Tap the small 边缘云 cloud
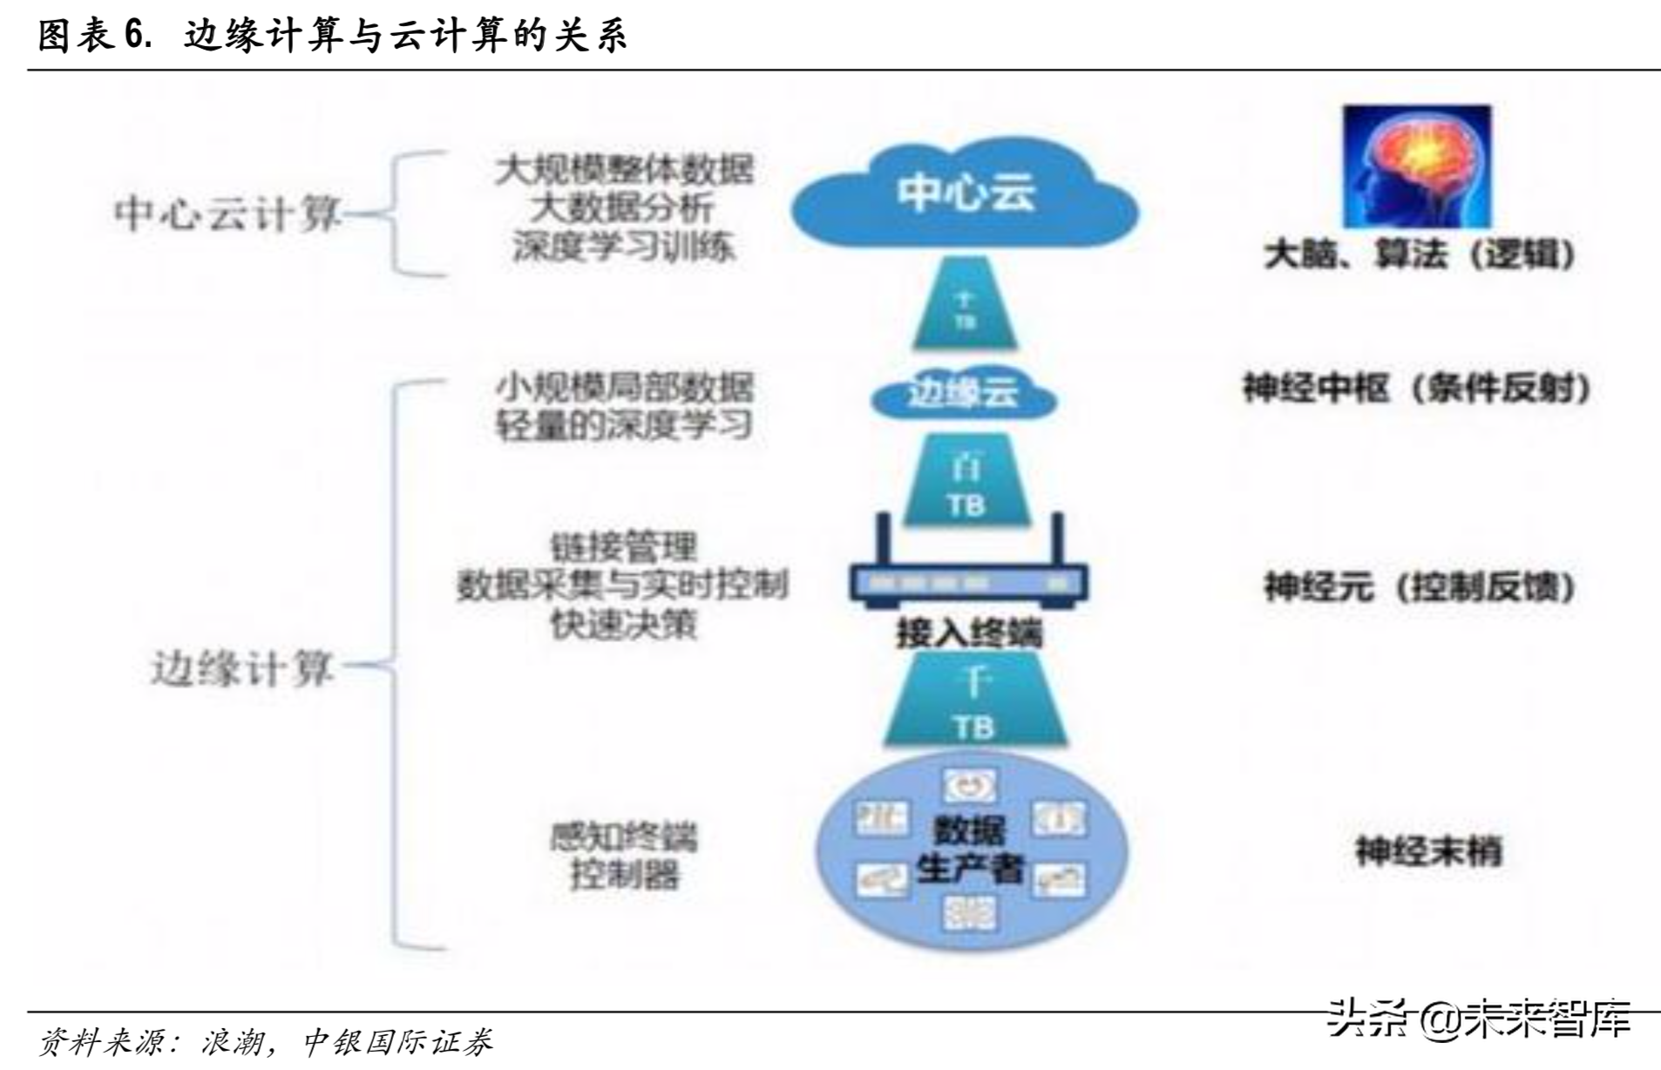[x=963, y=395]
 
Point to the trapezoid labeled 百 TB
[x=966, y=484]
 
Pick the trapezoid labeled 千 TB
[x=974, y=701]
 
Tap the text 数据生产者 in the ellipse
[x=969, y=850]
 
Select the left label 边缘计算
[x=242, y=669]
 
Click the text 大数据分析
[x=622, y=208]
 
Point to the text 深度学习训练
[x=622, y=247]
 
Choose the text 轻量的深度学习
[x=623, y=425]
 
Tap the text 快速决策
[x=623, y=624]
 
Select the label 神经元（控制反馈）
[x=1420, y=586]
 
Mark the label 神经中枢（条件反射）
[x=1417, y=388]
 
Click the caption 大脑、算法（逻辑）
[x=1420, y=254]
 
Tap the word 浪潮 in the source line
[x=232, y=1042]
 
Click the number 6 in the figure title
[x=134, y=36]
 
